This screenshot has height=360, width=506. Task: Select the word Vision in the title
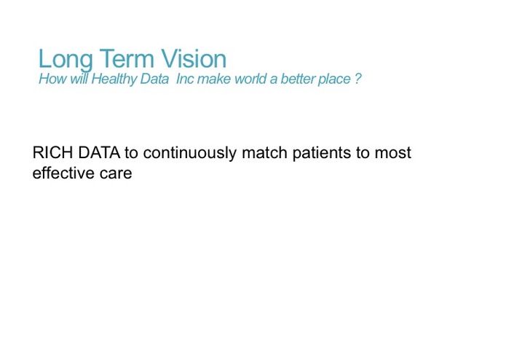point(193,59)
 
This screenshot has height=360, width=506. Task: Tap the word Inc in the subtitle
point(186,79)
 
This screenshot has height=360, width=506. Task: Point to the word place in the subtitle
point(333,79)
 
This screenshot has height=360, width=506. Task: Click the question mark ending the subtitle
point(357,79)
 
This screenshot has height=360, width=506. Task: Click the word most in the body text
point(394,154)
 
